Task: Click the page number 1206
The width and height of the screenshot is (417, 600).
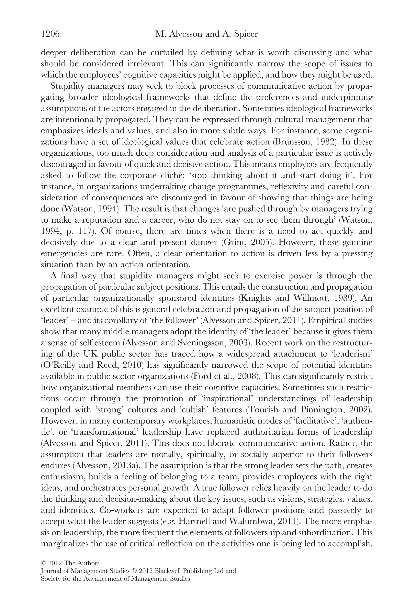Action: point(50,34)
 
